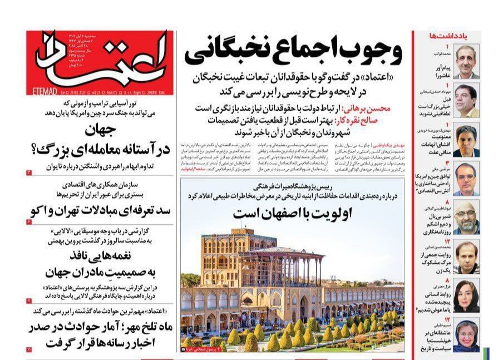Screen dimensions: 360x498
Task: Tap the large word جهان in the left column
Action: (x=100, y=132)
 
